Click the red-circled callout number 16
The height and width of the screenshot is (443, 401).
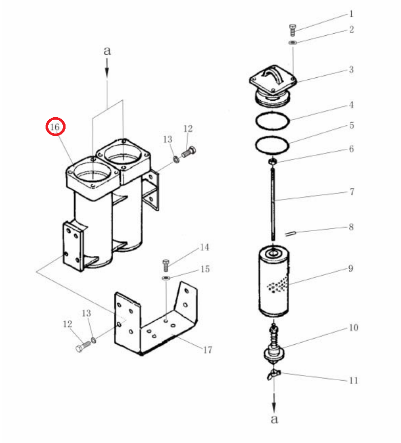[x=55, y=127]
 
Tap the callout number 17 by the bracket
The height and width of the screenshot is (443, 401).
[x=207, y=350]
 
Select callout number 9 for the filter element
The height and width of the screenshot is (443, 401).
[x=351, y=269]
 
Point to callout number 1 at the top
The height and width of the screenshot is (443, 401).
[x=351, y=14]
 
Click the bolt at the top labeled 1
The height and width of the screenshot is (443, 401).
[x=293, y=30]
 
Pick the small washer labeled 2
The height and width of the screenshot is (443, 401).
[x=293, y=42]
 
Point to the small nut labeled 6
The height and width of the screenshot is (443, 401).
[x=272, y=162]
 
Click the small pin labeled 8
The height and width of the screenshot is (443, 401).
[x=290, y=233]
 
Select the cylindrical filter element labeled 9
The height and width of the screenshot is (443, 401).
[x=274, y=282]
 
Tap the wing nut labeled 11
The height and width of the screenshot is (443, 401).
[x=273, y=374]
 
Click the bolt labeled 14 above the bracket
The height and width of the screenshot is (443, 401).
[x=166, y=265]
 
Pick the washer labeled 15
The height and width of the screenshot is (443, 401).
[x=166, y=278]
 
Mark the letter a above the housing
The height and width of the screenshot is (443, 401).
[x=107, y=51]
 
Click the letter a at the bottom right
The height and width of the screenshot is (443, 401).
[x=274, y=419]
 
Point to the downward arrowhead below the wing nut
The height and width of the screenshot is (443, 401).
[x=274, y=407]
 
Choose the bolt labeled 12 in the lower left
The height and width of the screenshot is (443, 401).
[x=83, y=346]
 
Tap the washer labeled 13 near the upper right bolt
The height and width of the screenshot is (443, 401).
[x=176, y=159]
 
